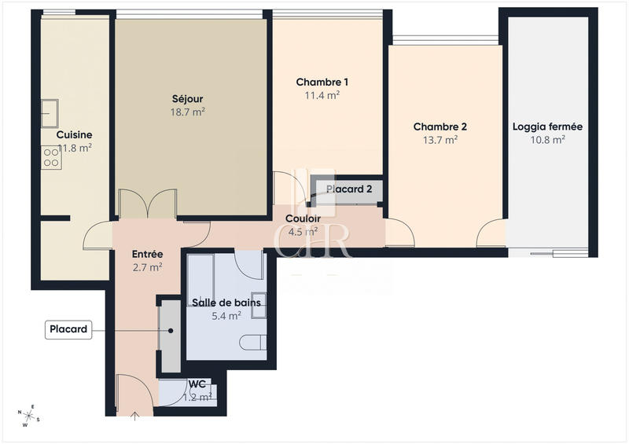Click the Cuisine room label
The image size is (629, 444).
click(74, 134)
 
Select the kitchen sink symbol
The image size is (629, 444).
click(50, 112)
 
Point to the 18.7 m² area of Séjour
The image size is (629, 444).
click(188, 112)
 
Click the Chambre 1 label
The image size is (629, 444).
click(322, 82)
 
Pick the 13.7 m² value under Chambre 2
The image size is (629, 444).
click(440, 140)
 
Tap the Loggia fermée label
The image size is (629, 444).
click(547, 127)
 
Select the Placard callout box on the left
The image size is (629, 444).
click(68, 330)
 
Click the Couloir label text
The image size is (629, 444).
click(302, 218)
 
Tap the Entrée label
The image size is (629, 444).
click(147, 255)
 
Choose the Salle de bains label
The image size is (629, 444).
click(226, 302)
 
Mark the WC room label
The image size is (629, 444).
click(197, 384)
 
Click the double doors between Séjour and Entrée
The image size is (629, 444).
click(147, 204)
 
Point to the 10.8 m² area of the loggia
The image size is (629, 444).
click(547, 140)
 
